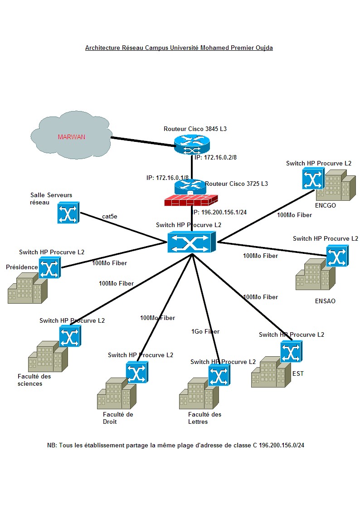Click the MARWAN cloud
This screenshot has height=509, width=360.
(71, 136)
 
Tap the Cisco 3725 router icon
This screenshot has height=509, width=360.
(190, 186)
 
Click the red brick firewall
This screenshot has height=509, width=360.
(190, 200)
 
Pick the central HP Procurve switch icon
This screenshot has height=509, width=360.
(191, 242)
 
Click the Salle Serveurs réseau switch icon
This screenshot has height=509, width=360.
(68, 213)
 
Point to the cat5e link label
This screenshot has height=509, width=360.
(110, 217)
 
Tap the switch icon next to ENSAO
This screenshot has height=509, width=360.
(337, 256)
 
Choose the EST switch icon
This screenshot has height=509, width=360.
(291, 351)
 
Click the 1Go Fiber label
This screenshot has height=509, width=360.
(205, 331)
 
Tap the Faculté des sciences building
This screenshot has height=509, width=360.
(45, 356)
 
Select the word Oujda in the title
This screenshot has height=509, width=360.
(264, 48)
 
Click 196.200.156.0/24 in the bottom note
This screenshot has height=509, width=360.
(281, 445)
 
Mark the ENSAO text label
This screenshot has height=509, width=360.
(325, 301)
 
